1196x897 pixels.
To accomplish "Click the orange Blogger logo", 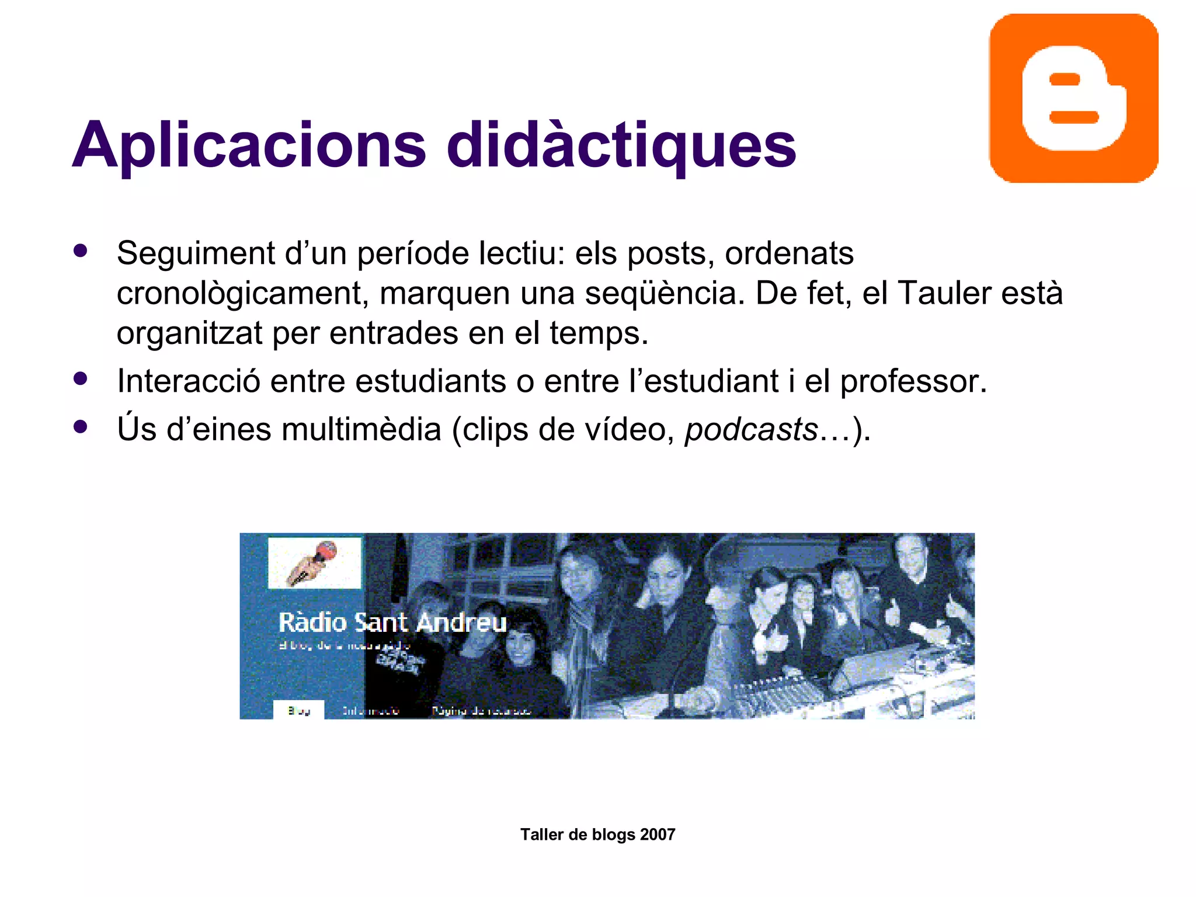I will (1073, 98).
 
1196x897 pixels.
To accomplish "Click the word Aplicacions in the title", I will (249, 145).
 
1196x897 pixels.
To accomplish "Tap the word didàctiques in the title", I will (621, 145).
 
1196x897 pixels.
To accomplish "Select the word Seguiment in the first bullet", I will (196, 254).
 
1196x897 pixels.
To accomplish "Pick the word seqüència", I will (665, 293).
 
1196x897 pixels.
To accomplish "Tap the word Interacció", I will (188, 381).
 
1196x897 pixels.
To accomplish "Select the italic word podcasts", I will (751, 430).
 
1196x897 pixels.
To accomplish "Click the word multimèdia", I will (361, 429).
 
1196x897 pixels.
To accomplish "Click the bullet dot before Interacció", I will (81, 379).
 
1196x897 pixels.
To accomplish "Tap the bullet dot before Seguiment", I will (81, 251).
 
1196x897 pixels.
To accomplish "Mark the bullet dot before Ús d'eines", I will (81, 427).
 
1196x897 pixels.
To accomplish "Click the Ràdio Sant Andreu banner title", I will (392, 623).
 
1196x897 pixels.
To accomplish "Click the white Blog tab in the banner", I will (298, 710).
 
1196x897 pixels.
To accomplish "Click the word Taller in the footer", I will (541, 835).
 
